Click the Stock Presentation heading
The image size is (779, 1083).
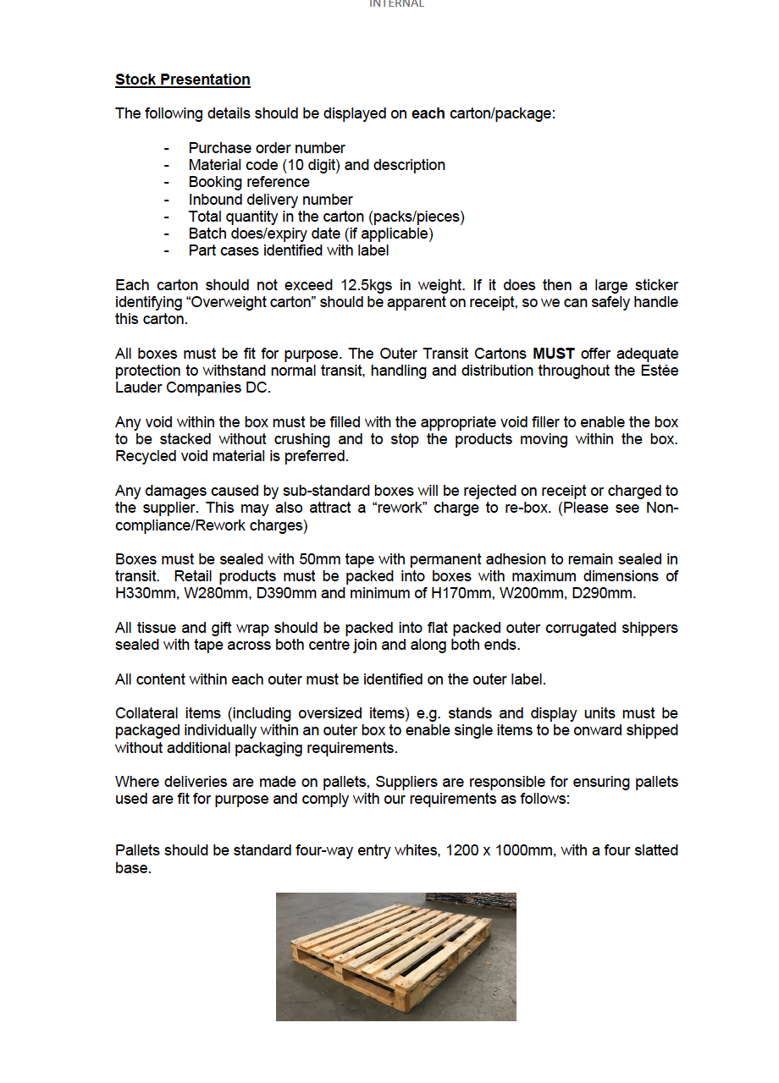[183, 80]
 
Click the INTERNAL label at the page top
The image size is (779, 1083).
[396, 4]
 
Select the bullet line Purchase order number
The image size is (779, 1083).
[267, 148]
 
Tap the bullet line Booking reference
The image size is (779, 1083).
[249, 182]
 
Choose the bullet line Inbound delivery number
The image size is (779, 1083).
[270, 200]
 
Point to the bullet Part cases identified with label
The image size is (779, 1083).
[289, 250]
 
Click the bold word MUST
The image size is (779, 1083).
[554, 354]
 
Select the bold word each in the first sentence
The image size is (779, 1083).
[428, 113]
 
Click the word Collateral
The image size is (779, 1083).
[146, 713]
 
